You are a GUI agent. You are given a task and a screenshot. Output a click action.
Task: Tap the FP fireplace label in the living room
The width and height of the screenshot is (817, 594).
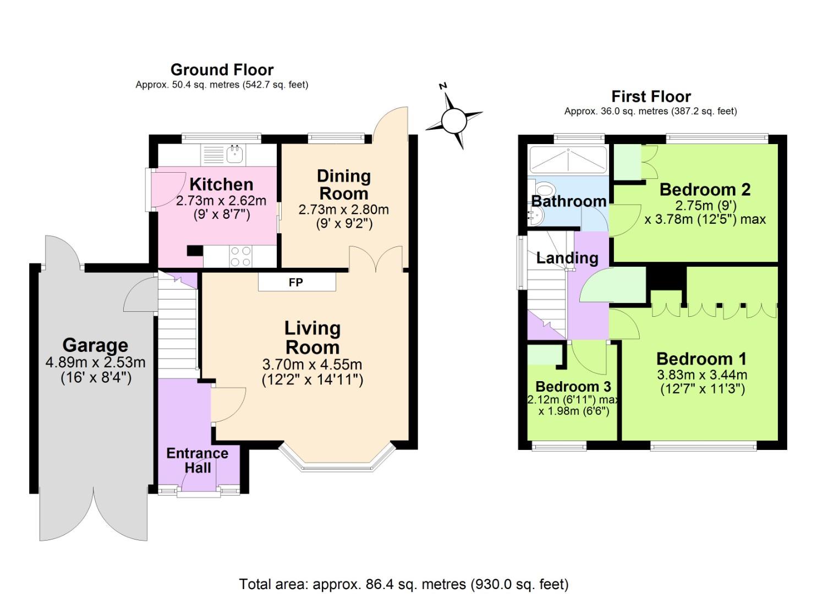pyautogui.click(x=296, y=283)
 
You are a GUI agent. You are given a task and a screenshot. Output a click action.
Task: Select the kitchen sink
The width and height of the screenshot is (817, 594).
pyautogui.click(x=235, y=153)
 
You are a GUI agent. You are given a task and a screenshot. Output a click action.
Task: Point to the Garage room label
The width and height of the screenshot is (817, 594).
pyautogui.click(x=95, y=345)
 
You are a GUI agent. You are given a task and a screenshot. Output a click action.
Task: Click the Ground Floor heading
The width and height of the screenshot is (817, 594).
pyautogui.click(x=222, y=70)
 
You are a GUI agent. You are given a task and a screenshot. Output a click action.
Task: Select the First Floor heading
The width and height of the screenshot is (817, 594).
pyautogui.click(x=651, y=97)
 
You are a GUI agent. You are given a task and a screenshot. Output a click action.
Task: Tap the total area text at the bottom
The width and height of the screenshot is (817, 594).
pyautogui.click(x=404, y=584)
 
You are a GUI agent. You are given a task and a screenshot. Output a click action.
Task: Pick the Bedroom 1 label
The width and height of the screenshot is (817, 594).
pyautogui.click(x=701, y=359)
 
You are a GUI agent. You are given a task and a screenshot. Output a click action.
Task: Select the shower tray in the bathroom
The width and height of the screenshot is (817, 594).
pyautogui.click(x=567, y=159)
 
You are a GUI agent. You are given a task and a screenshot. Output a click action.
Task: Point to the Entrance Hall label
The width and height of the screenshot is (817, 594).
pyautogui.click(x=197, y=460)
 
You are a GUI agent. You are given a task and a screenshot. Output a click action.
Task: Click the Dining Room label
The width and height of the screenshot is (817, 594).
pyautogui.click(x=344, y=185)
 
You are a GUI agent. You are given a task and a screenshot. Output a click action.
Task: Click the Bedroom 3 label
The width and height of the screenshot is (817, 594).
pyautogui.click(x=573, y=386)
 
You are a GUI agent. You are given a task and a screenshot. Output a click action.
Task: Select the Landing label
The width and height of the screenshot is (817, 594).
pyautogui.click(x=567, y=258)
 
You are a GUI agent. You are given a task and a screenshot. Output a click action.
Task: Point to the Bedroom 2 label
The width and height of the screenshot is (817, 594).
pyautogui.click(x=705, y=190)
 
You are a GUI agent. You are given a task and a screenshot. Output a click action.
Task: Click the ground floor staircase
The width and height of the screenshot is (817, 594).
pyautogui.click(x=177, y=324)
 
